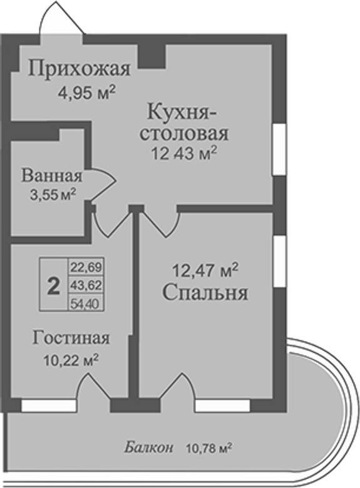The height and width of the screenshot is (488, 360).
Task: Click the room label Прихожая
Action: click(x=79, y=68)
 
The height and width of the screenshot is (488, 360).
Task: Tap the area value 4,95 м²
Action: click(x=87, y=93)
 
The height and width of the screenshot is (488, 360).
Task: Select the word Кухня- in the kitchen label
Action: click(x=182, y=113)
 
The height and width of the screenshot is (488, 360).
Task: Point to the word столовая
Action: click(x=184, y=134)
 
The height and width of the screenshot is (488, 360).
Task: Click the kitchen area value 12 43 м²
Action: click(x=183, y=153)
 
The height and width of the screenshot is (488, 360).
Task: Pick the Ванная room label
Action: click(x=52, y=176)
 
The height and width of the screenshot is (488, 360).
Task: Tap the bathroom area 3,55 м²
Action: click(x=53, y=195)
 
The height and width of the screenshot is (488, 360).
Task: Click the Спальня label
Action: click(x=205, y=293)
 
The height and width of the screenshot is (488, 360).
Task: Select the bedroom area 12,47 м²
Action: click(x=205, y=270)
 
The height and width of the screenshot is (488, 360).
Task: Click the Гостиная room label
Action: click(x=71, y=338)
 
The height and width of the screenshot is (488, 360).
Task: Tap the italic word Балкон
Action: click(x=148, y=449)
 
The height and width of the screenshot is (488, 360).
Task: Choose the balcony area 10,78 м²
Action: click(x=208, y=449)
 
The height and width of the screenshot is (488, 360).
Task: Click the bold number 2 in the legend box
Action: click(x=54, y=287)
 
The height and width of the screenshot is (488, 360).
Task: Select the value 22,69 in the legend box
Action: click(x=86, y=267)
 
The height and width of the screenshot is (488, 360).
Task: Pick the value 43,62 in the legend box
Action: click(x=86, y=285)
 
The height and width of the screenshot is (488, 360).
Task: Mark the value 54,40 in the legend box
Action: click(x=86, y=303)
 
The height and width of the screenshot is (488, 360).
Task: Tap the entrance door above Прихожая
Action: click(x=61, y=19)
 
